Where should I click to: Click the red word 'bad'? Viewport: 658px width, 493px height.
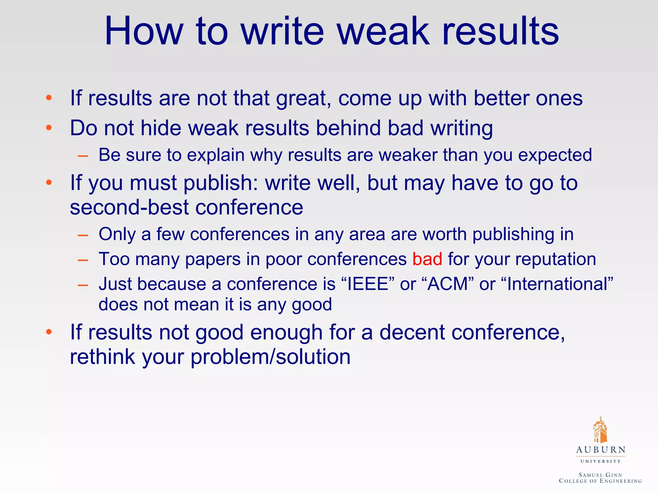tap(427, 259)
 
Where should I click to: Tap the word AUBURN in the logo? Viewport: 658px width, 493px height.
tap(600, 450)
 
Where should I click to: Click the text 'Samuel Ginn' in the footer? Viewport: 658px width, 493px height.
tap(600, 475)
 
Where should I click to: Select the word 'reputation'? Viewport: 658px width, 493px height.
tap(556, 259)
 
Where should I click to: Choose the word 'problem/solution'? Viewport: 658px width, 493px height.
tap(270, 357)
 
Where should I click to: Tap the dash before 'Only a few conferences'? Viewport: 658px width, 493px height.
tap(83, 235)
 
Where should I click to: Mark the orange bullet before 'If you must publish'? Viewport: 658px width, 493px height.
tap(49, 183)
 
